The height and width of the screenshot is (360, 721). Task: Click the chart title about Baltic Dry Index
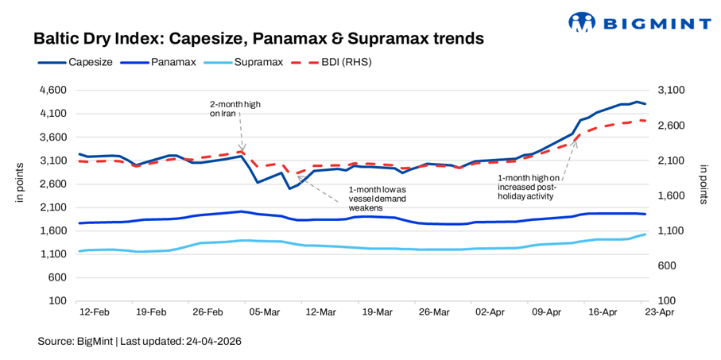(x=258, y=38)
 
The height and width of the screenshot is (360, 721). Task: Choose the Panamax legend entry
(x=171, y=61)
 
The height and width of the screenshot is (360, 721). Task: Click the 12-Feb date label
(x=94, y=312)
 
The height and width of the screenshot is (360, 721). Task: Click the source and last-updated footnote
(x=139, y=341)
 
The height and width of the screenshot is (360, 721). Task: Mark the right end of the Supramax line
(x=645, y=234)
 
